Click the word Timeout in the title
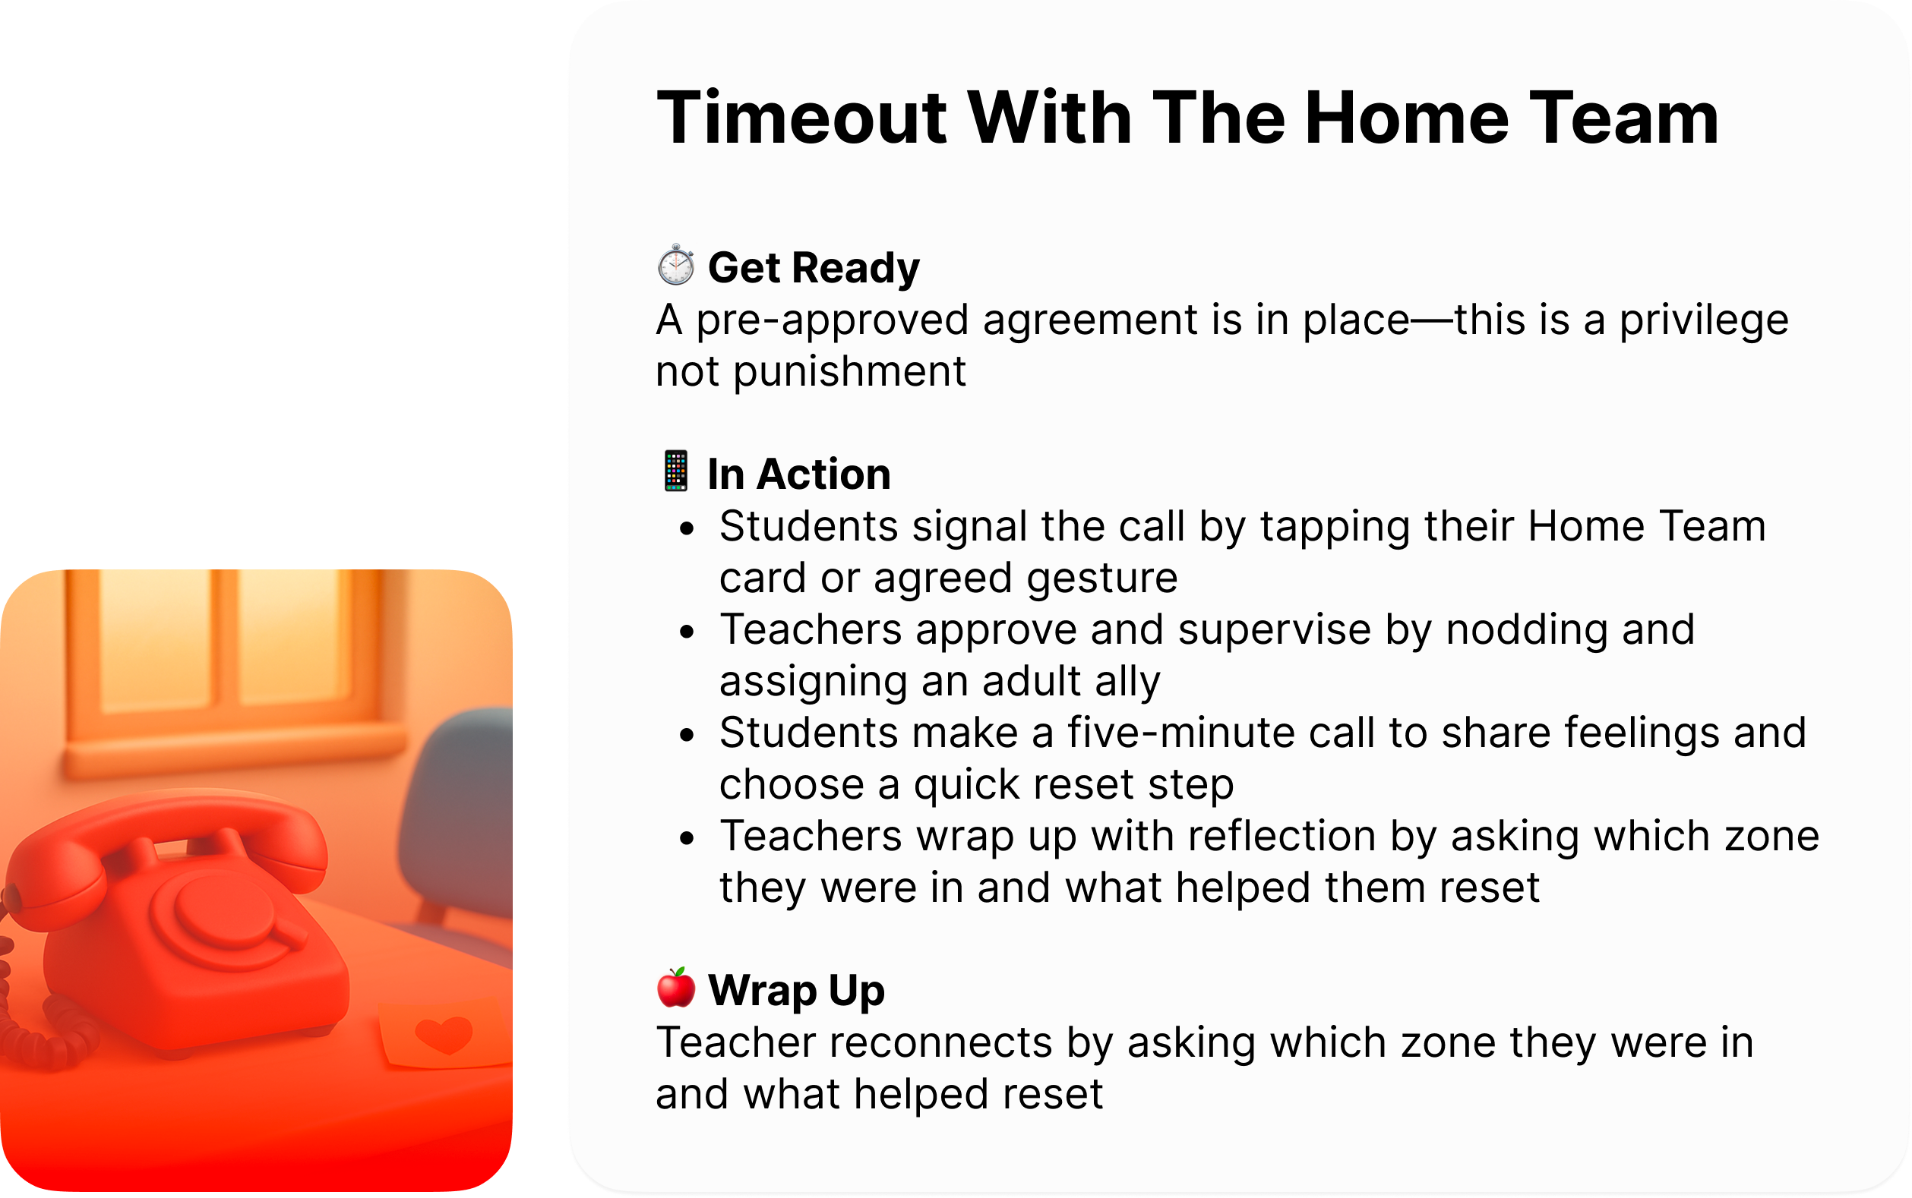tap(801, 118)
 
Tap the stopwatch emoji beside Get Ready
tap(675, 266)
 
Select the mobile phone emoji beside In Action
tap(675, 471)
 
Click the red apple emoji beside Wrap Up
tap(675, 988)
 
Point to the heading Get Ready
tap(814, 267)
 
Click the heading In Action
tap(798, 474)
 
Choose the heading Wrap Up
tap(796, 990)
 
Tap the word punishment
tap(849, 371)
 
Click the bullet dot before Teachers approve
tap(687, 632)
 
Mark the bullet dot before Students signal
tap(687, 528)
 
